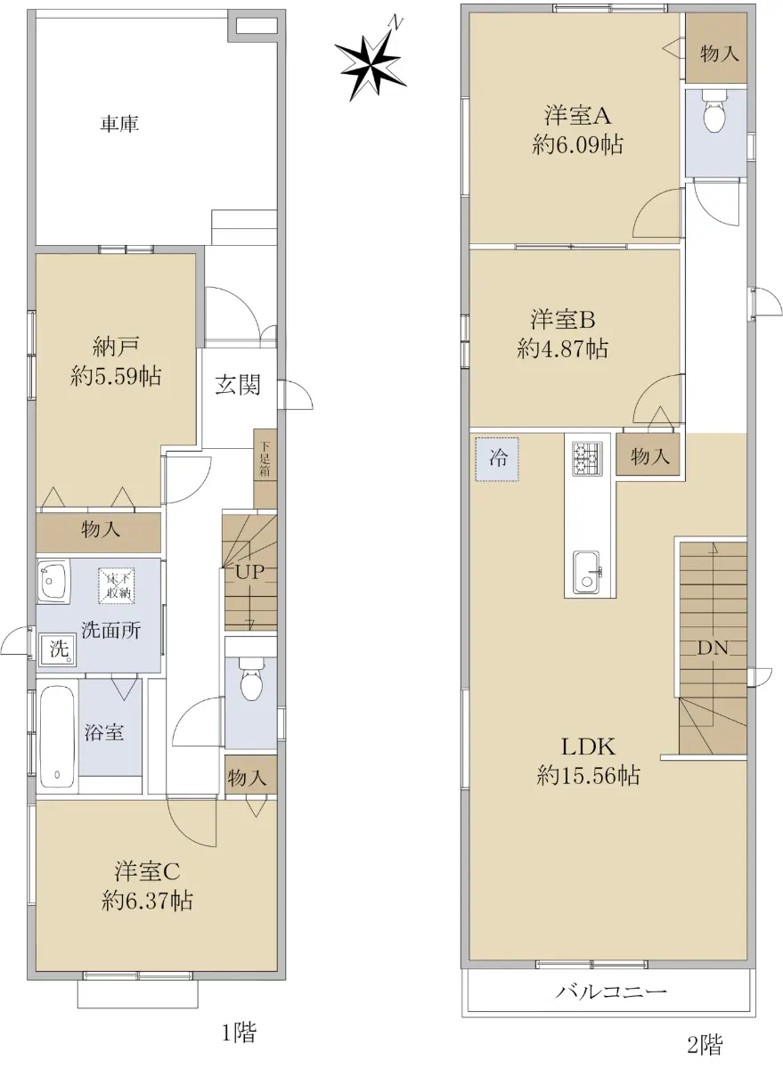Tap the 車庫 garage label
(119, 124)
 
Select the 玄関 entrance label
(238, 385)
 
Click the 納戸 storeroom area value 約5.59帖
(116, 377)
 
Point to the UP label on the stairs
(249, 572)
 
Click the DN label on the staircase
(713, 649)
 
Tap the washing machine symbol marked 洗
(57, 649)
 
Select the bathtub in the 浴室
(57, 737)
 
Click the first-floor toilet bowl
(250, 678)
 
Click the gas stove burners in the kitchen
(587, 459)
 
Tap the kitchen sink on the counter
(586, 572)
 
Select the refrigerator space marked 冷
(497, 459)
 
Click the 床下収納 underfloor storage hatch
(117, 585)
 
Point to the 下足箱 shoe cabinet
(265, 468)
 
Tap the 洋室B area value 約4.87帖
(563, 349)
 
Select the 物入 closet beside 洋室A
(716, 53)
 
